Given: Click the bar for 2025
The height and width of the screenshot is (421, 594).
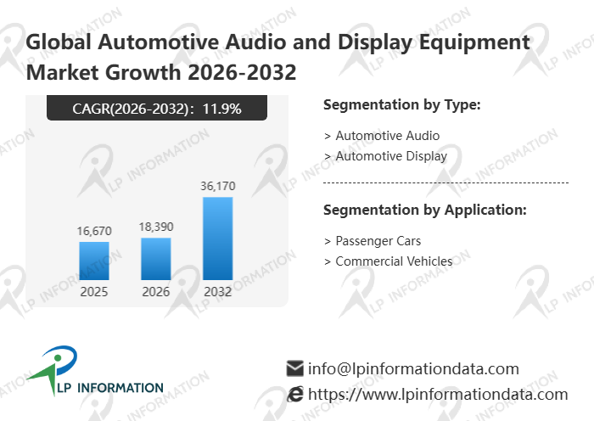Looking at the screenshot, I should tap(94, 261).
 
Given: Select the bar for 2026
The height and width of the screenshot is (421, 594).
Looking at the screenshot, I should tap(155, 258).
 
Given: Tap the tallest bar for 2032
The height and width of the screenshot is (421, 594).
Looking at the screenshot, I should tap(217, 239).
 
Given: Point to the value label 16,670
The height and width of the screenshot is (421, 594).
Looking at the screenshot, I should tap(94, 231).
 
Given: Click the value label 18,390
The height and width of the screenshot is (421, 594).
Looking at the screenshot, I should tap(155, 227).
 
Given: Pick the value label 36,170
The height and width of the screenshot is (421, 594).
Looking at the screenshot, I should tap(217, 186).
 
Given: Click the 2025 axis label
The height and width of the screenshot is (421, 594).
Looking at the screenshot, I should tap(94, 291).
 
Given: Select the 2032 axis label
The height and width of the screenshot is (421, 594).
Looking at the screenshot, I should tap(217, 291).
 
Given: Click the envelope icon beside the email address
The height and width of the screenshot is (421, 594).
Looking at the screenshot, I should tap(295, 368).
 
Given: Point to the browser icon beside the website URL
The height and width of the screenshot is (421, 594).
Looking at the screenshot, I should tap(295, 394).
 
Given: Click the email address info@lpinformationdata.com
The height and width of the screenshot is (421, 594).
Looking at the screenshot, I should tap(413, 368).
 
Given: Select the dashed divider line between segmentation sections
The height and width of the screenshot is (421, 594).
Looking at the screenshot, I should tap(446, 182).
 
